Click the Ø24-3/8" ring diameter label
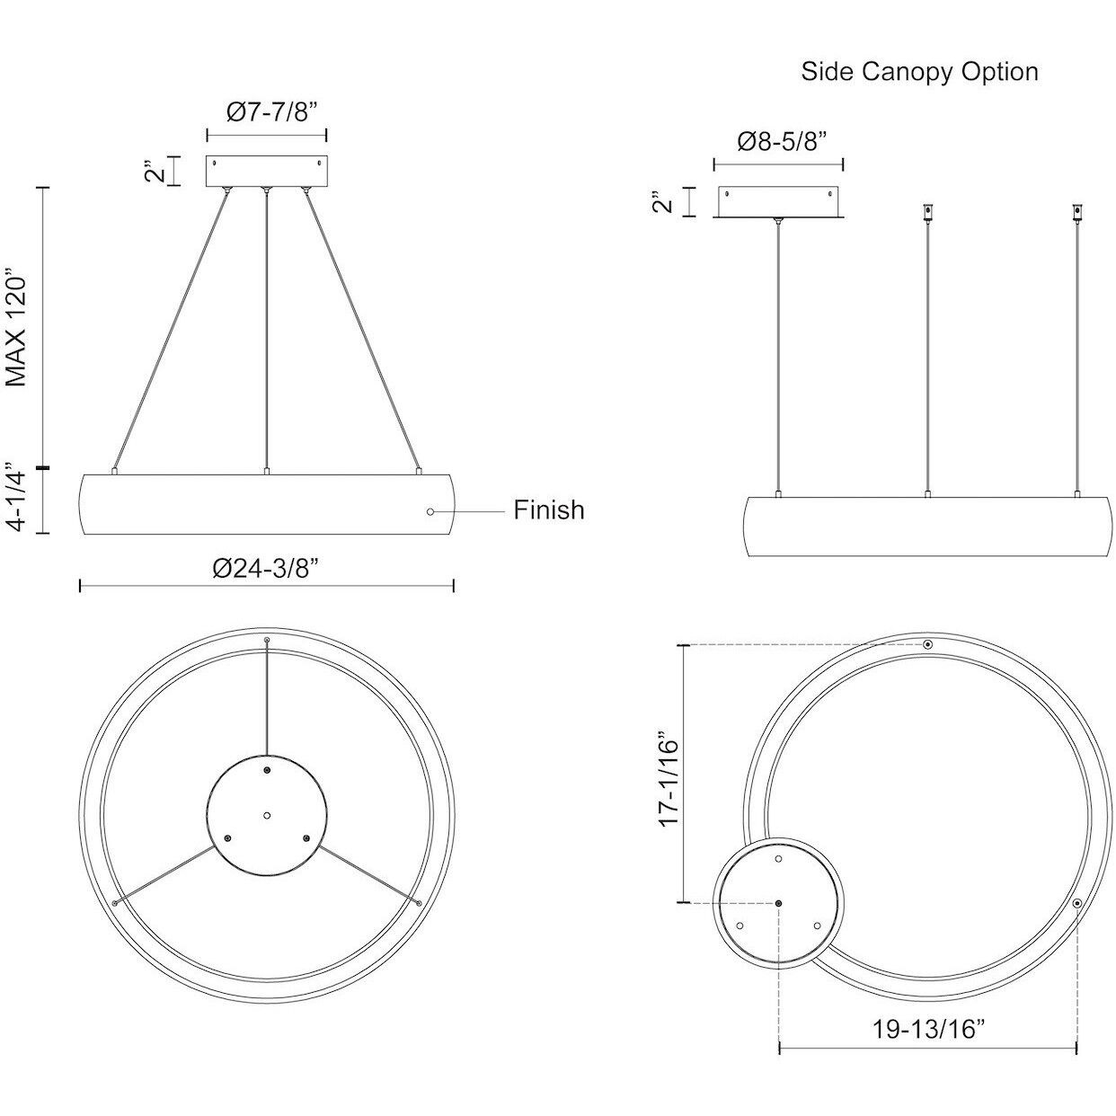pos(267,568)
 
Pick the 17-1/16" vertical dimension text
pos(670,774)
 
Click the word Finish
pos(548,510)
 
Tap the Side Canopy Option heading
pos(919,72)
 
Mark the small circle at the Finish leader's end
pos(430,511)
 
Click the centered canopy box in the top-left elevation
pos(267,172)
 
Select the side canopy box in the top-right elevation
pos(778,202)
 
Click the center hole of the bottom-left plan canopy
pos(267,815)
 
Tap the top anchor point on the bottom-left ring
pos(267,641)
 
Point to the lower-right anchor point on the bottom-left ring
pos(419,901)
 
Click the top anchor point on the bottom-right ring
pos(928,645)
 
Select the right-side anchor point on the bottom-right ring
pos(1076,903)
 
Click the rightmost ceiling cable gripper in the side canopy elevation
pos(1076,213)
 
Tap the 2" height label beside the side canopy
pos(663,201)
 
